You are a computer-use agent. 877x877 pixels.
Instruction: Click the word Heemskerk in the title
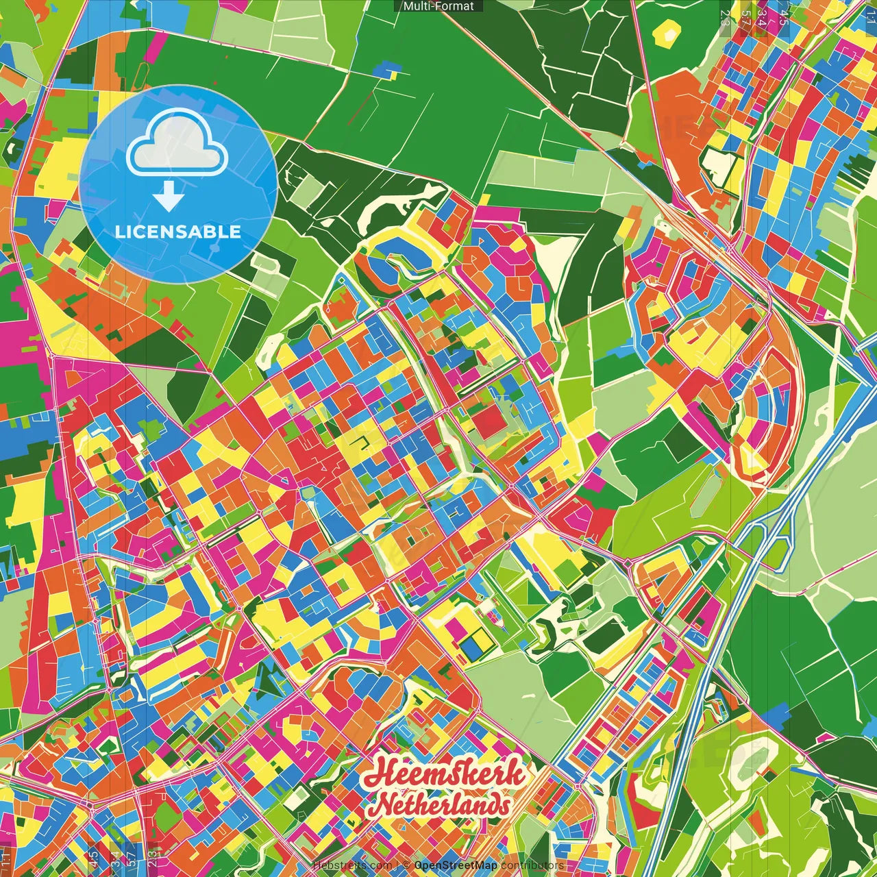tap(444, 775)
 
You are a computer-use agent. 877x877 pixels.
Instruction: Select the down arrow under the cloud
tap(169, 199)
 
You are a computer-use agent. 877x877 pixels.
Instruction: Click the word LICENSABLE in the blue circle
tap(178, 232)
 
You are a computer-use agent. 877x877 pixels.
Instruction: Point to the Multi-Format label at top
tap(438, 6)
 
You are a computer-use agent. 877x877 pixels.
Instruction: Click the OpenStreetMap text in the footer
tap(456, 865)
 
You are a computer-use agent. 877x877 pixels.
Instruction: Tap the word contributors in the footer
tap(532, 865)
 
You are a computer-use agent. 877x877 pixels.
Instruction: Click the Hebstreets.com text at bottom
tap(352, 865)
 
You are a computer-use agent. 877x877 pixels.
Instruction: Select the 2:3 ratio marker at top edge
tap(725, 15)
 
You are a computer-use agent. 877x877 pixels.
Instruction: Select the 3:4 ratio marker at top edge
tap(761, 15)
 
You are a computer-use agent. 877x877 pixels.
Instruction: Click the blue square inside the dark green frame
tap(470, 645)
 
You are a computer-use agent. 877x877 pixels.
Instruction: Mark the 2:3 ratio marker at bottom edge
tap(153, 856)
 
